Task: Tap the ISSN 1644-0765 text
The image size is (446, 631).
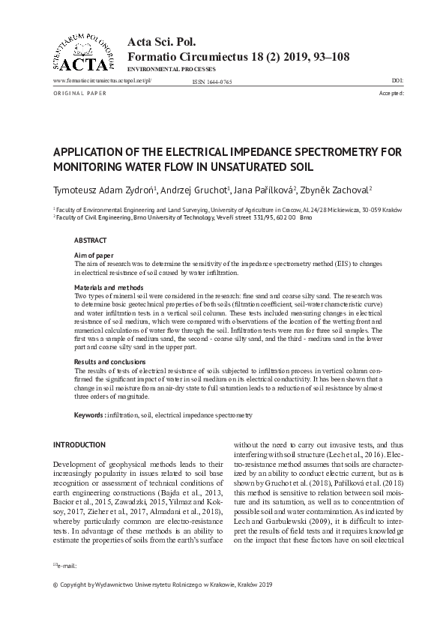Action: click(212, 80)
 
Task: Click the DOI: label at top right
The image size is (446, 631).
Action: click(397, 79)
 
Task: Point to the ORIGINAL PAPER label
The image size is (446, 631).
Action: click(80, 93)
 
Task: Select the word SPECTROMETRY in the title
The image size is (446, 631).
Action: click(339, 151)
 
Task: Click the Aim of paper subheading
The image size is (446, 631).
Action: click(93, 256)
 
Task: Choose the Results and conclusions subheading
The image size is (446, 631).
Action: click(111, 361)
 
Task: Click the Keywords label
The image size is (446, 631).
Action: click(88, 414)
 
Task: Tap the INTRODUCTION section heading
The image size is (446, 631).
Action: click(79, 444)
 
